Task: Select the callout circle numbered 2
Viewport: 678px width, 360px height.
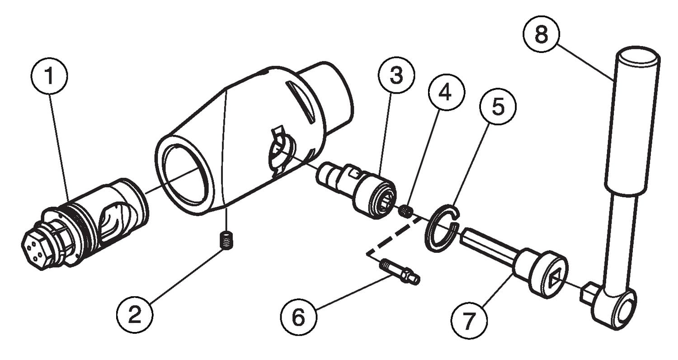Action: [x=134, y=316]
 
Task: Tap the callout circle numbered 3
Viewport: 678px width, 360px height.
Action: [x=396, y=76]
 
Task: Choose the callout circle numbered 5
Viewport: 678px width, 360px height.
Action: [x=498, y=107]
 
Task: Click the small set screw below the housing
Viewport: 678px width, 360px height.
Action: [x=226, y=240]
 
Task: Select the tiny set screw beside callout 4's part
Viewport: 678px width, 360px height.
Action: [x=406, y=211]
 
